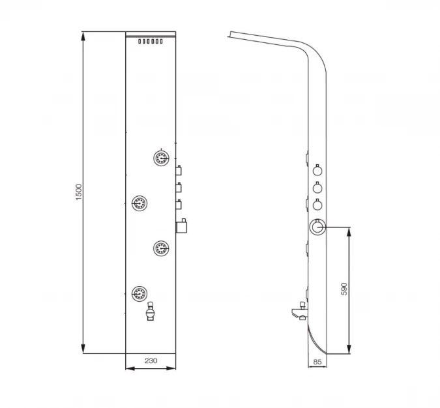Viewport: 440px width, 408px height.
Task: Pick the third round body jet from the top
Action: tap(161, 247)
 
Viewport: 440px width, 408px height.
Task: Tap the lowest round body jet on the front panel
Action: tap(139, 293)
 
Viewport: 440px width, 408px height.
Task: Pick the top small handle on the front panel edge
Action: tap(177, 171)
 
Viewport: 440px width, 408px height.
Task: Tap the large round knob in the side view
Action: tap(317, 227)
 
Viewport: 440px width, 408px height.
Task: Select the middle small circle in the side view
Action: tap(317, 188)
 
